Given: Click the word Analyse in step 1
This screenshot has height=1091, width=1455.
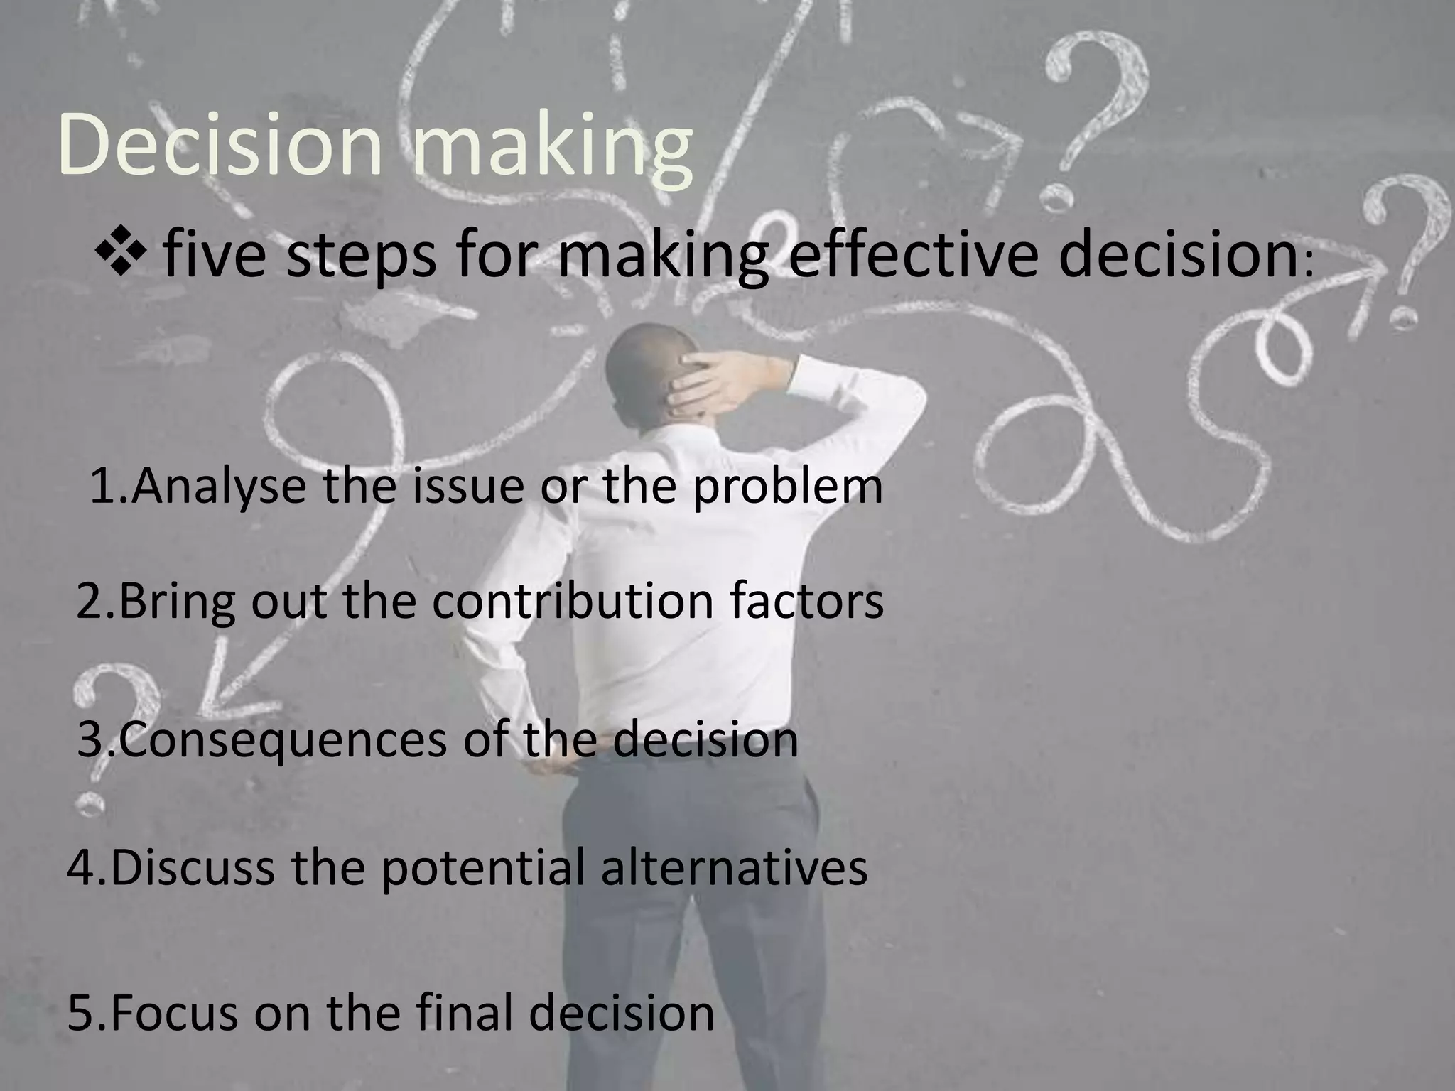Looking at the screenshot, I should coord(220,487).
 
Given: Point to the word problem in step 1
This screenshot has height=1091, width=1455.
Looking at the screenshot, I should coord(789,487).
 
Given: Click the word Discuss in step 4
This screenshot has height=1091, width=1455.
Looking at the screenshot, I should coord(193,867).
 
